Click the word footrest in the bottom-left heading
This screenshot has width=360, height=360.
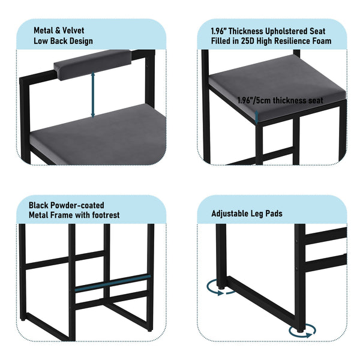pos(102,215)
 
